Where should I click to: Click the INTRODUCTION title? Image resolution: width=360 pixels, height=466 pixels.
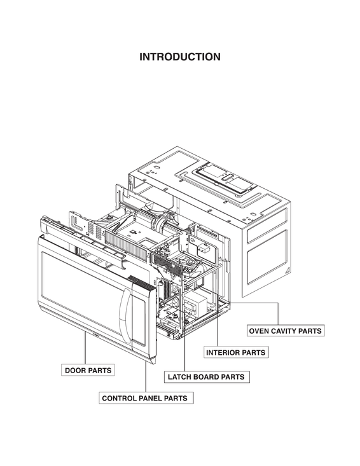pos(180,57)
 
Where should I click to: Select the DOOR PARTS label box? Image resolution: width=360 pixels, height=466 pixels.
pos(88,370)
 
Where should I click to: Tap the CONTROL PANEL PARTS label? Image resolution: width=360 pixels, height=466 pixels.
pos(144,399)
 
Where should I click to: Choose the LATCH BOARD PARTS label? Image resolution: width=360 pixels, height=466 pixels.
pos(205,377)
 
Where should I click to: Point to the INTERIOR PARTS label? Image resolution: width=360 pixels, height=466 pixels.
pos(236,352)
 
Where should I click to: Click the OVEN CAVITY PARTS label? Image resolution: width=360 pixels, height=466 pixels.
pos(285,331)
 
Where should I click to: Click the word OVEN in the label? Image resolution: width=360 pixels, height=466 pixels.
pos(260,331)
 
